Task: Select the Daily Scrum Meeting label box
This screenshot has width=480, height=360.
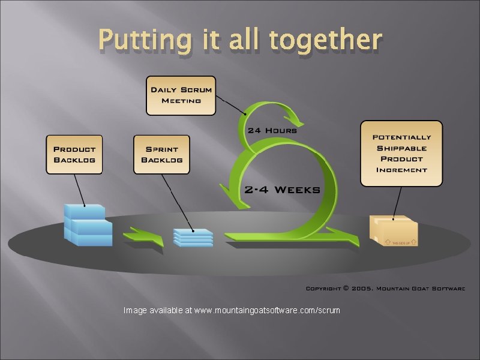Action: tap(181, 95)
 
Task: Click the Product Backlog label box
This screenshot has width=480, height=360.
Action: tap(74, 154)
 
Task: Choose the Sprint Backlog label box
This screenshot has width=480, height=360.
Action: tap(161, 154)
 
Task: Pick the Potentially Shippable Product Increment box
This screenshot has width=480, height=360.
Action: tap(401, 153)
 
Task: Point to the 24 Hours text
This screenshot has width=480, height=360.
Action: tap(272, 130)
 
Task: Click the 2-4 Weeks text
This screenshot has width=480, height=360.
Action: tap(281, 190)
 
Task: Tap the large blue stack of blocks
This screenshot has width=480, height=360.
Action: tap(88, 225)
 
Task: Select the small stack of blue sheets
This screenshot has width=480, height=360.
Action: tap(193, 237)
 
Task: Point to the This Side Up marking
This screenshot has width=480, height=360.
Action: tap(400, 242)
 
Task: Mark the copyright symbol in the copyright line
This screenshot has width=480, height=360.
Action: tap(346, 289)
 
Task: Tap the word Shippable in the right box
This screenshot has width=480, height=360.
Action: tap(401, 148)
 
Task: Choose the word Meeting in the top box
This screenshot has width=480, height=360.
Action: tap(181, 100)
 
